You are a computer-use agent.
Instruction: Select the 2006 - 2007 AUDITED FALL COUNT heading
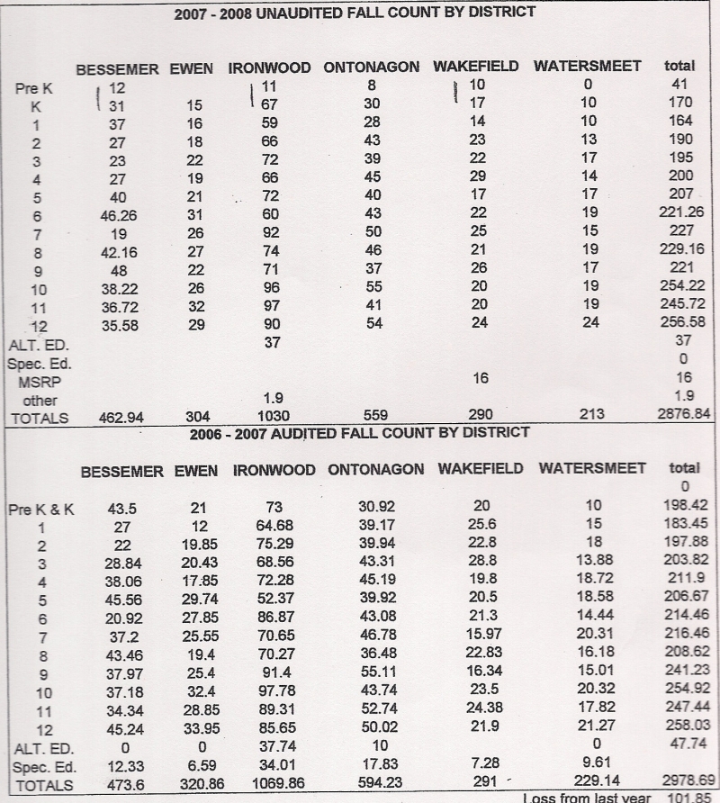(x=360, y=433)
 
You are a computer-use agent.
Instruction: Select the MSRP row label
(x=34, y=382)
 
